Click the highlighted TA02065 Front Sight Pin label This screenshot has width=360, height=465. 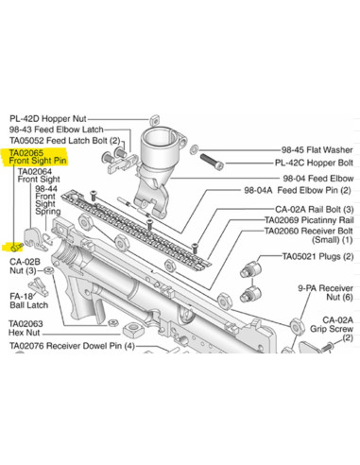38,156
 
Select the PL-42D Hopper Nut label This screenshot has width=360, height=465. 52,117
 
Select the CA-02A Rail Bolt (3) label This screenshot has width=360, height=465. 314,209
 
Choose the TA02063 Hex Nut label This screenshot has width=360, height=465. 33,327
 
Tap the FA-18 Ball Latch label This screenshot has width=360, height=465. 28,300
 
